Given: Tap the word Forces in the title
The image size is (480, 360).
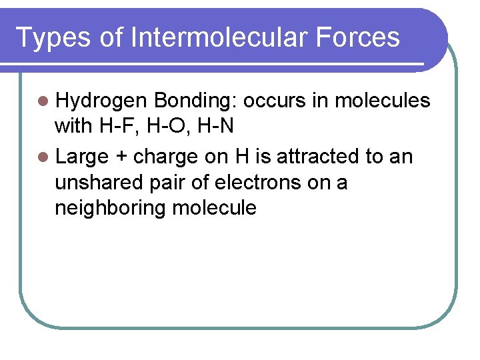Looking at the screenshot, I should pos(359,37).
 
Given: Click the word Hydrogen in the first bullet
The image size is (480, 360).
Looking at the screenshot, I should pos(101,101).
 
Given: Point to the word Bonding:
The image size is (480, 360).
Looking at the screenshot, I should pos(195,101).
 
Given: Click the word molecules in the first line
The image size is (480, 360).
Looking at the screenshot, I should pos(382,101).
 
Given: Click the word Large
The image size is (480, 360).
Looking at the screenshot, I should pos(81,157).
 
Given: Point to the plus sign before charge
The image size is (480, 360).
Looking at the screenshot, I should pos(122,157).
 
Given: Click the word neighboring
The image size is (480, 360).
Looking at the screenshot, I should pos(110,208).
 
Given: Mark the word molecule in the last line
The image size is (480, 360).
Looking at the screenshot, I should pos(214,207).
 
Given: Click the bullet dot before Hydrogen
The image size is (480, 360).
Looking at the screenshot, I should pos(43,101).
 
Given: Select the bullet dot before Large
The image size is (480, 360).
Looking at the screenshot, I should pos(43,157).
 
